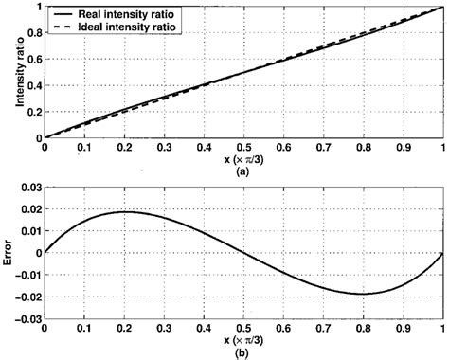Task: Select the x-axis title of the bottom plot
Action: tap(244, 340)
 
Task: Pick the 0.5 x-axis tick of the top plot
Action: tap(244, 148)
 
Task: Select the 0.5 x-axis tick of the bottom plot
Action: tap(244, 328)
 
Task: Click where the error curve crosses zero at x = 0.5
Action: tap(244, 253)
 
